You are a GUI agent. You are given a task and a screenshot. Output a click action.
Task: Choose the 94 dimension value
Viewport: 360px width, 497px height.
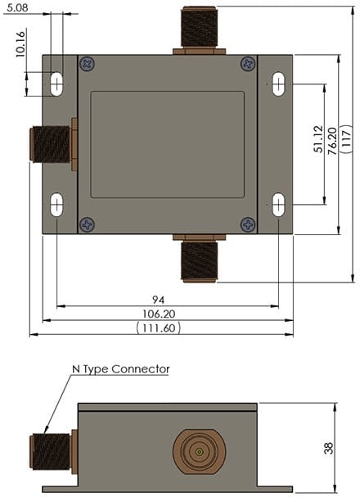click(x=169, y=300)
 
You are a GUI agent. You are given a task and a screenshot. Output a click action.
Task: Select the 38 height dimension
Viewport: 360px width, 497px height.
click(x=328, y=448)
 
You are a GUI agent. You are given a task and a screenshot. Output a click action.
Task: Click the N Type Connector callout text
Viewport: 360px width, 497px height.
click(x=120, y=369)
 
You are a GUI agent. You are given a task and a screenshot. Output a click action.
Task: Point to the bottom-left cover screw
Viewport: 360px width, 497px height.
click(x=88, y=224)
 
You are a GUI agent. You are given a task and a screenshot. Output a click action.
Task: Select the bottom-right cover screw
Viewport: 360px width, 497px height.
click(x=248, y=224)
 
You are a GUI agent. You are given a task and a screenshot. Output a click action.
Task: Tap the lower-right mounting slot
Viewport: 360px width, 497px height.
click(x=278, y=205)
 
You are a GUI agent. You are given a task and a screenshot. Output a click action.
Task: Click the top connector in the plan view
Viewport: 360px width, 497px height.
click(x=198, y=29)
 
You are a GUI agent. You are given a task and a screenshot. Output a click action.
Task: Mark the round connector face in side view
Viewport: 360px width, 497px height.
click(x=197, y=451)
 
